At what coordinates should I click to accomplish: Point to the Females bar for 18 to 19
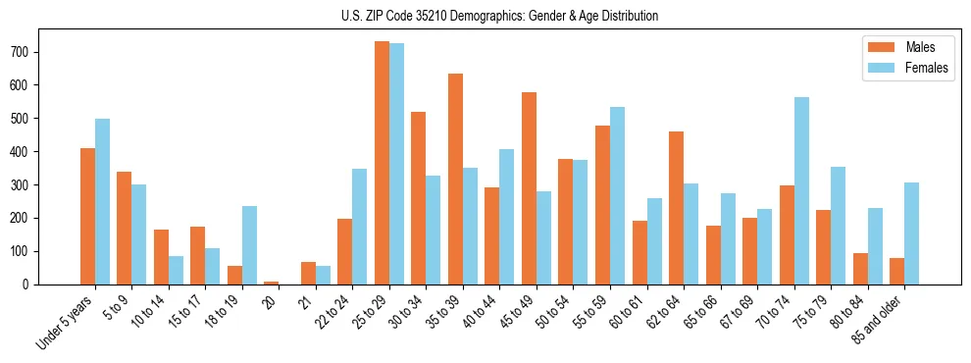[249, 245]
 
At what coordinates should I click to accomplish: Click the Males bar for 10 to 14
[161, 257]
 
